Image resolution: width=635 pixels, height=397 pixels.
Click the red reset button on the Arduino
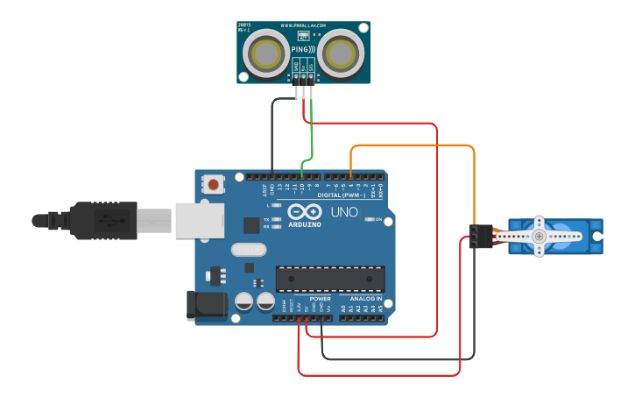click(213, 184)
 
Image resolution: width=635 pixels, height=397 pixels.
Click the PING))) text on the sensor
click(302, 50)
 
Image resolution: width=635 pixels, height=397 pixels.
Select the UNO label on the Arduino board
click(343, 212)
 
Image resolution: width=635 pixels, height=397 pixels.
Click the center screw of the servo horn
click(539, 236)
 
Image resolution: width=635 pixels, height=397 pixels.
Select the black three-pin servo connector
click(478, 236)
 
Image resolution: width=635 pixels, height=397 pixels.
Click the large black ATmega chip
click(330, 279)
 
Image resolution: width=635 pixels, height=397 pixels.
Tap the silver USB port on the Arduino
click(200, 220)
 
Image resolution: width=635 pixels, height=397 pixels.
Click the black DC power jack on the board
click(207, 305)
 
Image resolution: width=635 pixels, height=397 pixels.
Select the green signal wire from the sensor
click(312, 131)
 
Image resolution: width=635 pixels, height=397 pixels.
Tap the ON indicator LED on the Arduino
click(369, 219)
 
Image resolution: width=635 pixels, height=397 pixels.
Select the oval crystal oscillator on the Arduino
click(249, 250)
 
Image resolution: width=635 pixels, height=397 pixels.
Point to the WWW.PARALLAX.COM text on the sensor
click(303, 26)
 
